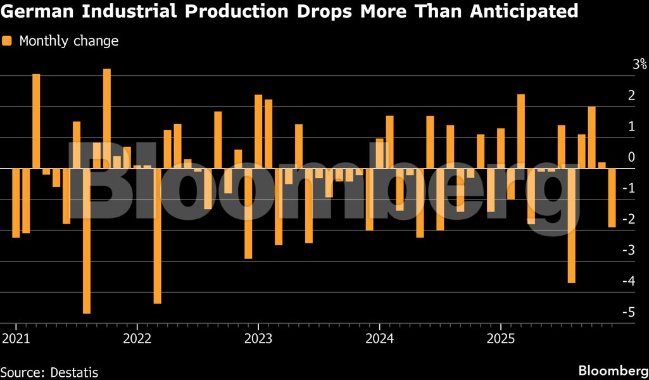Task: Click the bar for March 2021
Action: [36, 121]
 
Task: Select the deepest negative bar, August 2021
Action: [87, 241]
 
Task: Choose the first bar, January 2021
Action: [16, 203]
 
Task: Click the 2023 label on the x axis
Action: [258, 338]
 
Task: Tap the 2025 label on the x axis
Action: [500, 338]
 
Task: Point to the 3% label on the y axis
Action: [639, 64]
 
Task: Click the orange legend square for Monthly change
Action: [7, 41]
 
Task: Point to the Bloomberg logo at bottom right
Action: [612, 370]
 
